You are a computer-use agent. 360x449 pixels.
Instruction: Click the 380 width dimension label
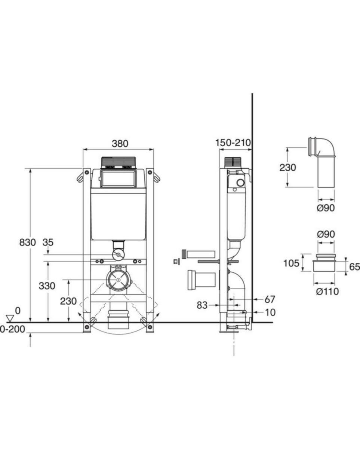coord(120,144)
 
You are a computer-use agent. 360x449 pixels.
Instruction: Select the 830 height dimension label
coord(28,242)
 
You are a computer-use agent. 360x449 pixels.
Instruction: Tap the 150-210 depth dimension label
coord(233,143)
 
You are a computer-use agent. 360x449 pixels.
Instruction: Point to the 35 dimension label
coord(48,242)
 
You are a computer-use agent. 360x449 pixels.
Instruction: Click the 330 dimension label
coord(47,286)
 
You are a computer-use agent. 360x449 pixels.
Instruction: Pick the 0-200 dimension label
coord(12,329)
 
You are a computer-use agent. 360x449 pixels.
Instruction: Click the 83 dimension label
coord(202,305)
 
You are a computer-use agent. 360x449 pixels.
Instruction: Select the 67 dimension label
coord(270,300)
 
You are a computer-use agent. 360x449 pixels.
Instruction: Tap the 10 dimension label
coord(270,312)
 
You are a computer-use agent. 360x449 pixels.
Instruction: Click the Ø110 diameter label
coord(327,291)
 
